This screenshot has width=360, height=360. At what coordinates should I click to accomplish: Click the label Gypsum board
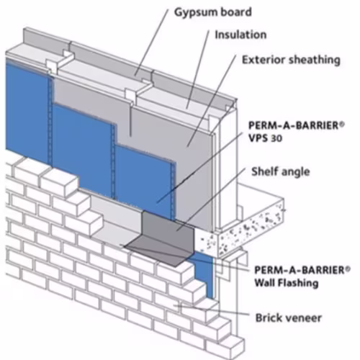point(213,13)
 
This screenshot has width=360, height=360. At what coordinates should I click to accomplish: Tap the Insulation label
point(240,35)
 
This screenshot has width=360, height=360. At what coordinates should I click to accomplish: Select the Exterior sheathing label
point(291,60)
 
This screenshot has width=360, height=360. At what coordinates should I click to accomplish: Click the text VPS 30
point(265,138)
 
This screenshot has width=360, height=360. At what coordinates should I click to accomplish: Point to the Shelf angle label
point(281,172)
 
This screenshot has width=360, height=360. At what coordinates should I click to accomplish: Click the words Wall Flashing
point(287,283)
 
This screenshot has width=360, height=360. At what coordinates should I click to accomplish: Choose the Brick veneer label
point(288,318)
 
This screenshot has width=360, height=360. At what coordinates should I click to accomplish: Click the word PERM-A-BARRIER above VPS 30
point(293,125)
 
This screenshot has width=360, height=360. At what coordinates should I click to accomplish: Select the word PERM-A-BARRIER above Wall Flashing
point(300,270)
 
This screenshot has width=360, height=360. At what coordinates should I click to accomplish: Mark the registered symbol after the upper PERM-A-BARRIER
point(342,124)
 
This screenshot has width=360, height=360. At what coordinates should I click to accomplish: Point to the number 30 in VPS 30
point(276,138)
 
